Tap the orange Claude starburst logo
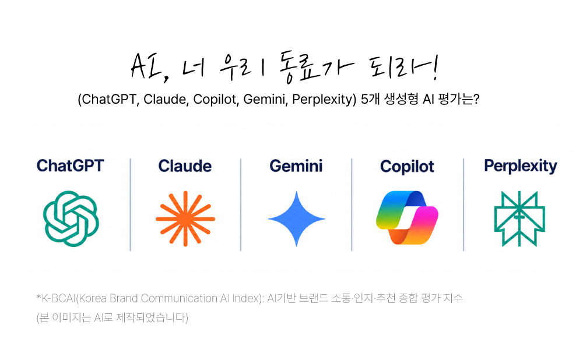tap(185, 219)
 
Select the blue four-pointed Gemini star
tap(296, 219)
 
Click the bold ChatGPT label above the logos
tap(71, 165)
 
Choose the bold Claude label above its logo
tap(185, 165)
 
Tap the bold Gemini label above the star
tap(296, 165)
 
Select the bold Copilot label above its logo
tap(407, 167)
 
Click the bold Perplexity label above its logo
tap(521, 166)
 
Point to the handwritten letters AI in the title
tap(146, 66)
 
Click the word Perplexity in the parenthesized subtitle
tap(322, 100)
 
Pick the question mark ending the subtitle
tap(476, 99)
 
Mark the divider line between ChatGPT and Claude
tap(130, 204)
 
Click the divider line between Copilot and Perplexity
tap(463, 204)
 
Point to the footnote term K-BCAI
tap(58, 298)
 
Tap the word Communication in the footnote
tap(179, 298)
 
